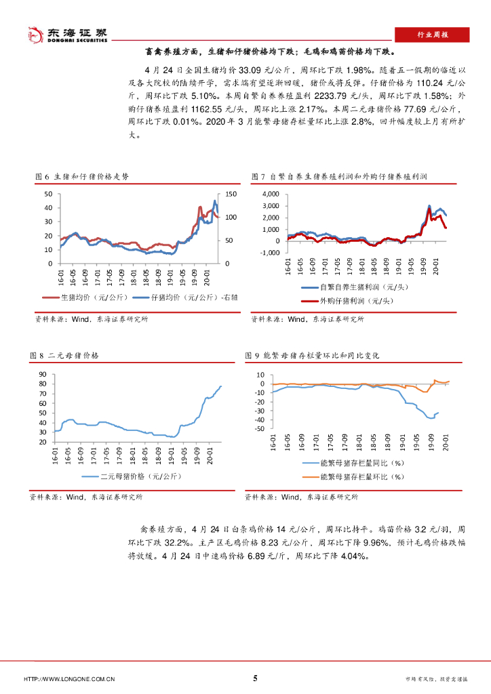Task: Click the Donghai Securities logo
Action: [x=66, y=35]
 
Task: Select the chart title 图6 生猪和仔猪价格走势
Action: [x=82, y=176]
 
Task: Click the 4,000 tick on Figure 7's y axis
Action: [x=269, y=194]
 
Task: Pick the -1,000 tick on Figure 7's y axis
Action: [x=269, y=252]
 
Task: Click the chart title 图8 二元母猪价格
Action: [x=65, y=355]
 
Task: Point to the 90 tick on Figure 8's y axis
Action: [x=42, y=374]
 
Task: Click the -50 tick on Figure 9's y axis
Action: [x=259, y=428]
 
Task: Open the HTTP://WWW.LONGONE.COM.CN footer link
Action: [x=69, y=679]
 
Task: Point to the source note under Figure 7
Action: [x=308, y=319]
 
